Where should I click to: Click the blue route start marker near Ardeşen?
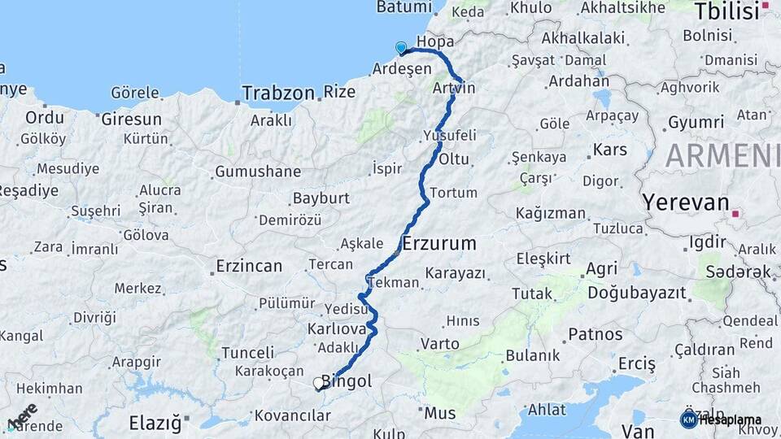tap(400, 48)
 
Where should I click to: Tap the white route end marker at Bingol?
tap(318, 383)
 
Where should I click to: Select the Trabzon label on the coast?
tap(277, 93)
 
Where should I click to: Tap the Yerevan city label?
tap(685, 202)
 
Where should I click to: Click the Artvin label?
tap(454, 87)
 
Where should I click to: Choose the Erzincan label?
tap(249, 266)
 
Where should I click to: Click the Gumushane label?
tap(257, 172)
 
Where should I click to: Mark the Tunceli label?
tap(247, 353)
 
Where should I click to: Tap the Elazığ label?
tap(155, 422)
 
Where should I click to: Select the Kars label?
tap(609, 150)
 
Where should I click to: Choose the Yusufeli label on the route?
tap(450, 135)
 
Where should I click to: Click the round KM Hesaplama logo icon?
tap(688, 419)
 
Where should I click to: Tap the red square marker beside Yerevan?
tap(735, 214)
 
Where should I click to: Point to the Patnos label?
tap(595, 334)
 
